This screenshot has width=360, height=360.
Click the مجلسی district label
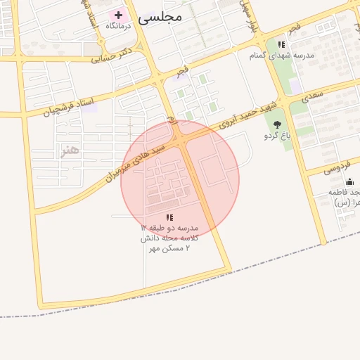tap(160, 15)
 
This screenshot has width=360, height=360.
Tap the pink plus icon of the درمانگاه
tap(118, 15)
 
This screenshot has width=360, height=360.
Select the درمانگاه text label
tap(119, 26)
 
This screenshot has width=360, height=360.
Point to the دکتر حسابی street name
tap(112, 55)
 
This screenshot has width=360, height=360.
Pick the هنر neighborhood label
tap(70, 150)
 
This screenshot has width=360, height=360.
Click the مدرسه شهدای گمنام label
tap(282, 55)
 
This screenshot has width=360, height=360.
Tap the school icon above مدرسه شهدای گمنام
tap(281, 44)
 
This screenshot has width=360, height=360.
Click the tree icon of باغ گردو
tap(268, 124)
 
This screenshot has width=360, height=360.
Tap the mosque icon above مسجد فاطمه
tap(349, 182)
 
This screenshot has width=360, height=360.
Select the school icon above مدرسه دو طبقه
tap(169, 217)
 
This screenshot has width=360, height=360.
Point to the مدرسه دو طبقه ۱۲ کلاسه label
tap(169, 238)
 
